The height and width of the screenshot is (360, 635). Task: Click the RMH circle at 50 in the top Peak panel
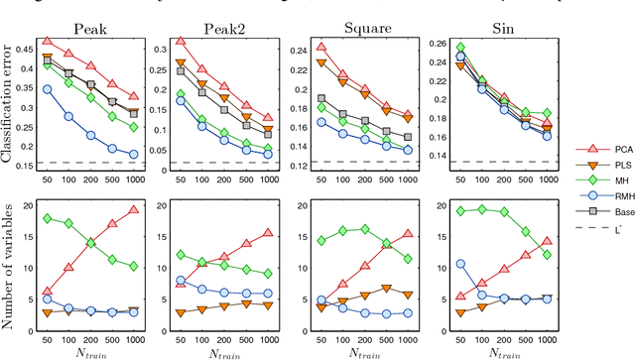[47, 89]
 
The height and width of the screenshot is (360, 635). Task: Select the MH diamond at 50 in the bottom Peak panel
[47, 218]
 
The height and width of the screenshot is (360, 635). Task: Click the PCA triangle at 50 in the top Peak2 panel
[180, 43]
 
